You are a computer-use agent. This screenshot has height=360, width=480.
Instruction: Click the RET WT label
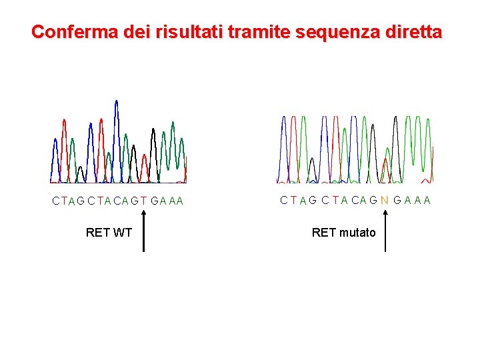[109, 233]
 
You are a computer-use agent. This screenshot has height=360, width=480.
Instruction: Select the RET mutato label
[343, 233]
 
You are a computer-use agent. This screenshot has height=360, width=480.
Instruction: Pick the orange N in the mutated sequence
[385, 200]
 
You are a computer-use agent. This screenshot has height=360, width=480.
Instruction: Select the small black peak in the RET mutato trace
[311, 167]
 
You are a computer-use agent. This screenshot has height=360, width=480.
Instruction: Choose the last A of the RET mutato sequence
[427, 200]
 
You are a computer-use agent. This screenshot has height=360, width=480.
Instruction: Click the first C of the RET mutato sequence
[284, 200]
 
